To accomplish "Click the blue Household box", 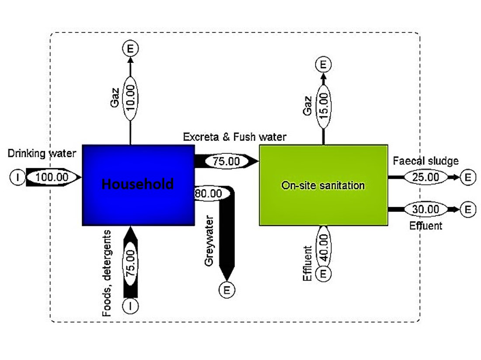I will (x=138, y=185).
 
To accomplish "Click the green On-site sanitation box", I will (x=323, y=185).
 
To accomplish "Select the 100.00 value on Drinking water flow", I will (x=52, y=177).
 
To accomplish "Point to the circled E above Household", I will (x=130, y=48).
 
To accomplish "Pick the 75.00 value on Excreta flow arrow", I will (x=226, y=161).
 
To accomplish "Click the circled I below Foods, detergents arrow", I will (x=131, y=305).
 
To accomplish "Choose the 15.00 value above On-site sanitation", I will (x=324, y=105).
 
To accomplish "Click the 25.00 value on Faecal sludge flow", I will (x=426, y=177).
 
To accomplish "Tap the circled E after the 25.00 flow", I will (x=468, y=177).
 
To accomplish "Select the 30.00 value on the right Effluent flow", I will (x=426, y=210).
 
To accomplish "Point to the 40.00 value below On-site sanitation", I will (x=324, y=245).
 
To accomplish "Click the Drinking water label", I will (x=42, y=153).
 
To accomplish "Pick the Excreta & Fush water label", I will (x=235, y=137).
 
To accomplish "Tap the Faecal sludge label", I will (x=426, y=161).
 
